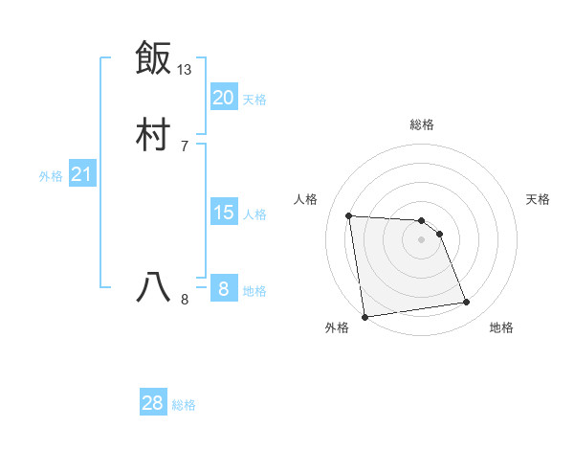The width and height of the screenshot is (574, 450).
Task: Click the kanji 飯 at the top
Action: (153, 57)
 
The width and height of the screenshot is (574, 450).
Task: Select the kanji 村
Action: (153, 134)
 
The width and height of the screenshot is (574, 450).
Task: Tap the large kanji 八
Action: (153, 287)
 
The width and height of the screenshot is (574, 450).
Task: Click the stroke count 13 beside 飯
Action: (185, 69)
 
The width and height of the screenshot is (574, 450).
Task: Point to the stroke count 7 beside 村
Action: (185, 146)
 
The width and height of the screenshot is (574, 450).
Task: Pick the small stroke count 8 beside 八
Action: (185, 300)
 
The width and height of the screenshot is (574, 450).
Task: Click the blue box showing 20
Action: (224, 97)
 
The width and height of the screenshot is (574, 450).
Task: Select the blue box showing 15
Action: (224, 213)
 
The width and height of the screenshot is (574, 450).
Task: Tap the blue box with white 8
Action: (224, 289)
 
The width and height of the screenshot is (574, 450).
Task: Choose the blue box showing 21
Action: (81, 174)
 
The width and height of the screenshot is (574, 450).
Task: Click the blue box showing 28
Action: (153, 403)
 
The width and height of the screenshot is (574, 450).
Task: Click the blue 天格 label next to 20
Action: (254, 99)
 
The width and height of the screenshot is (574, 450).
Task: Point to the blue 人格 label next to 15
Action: (254, 214)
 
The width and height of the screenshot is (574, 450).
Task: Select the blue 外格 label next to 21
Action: (51, 176)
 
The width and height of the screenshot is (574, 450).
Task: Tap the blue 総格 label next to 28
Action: (184, 405)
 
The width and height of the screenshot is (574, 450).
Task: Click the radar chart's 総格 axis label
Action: (422, 124)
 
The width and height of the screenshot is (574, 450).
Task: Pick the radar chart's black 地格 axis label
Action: (501, 327)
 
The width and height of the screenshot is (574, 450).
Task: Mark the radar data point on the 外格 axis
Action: (364, 316)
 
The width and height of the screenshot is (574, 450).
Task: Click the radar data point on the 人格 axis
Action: (348, 215)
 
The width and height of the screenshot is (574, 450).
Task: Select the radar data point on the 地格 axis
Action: (467, 303)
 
